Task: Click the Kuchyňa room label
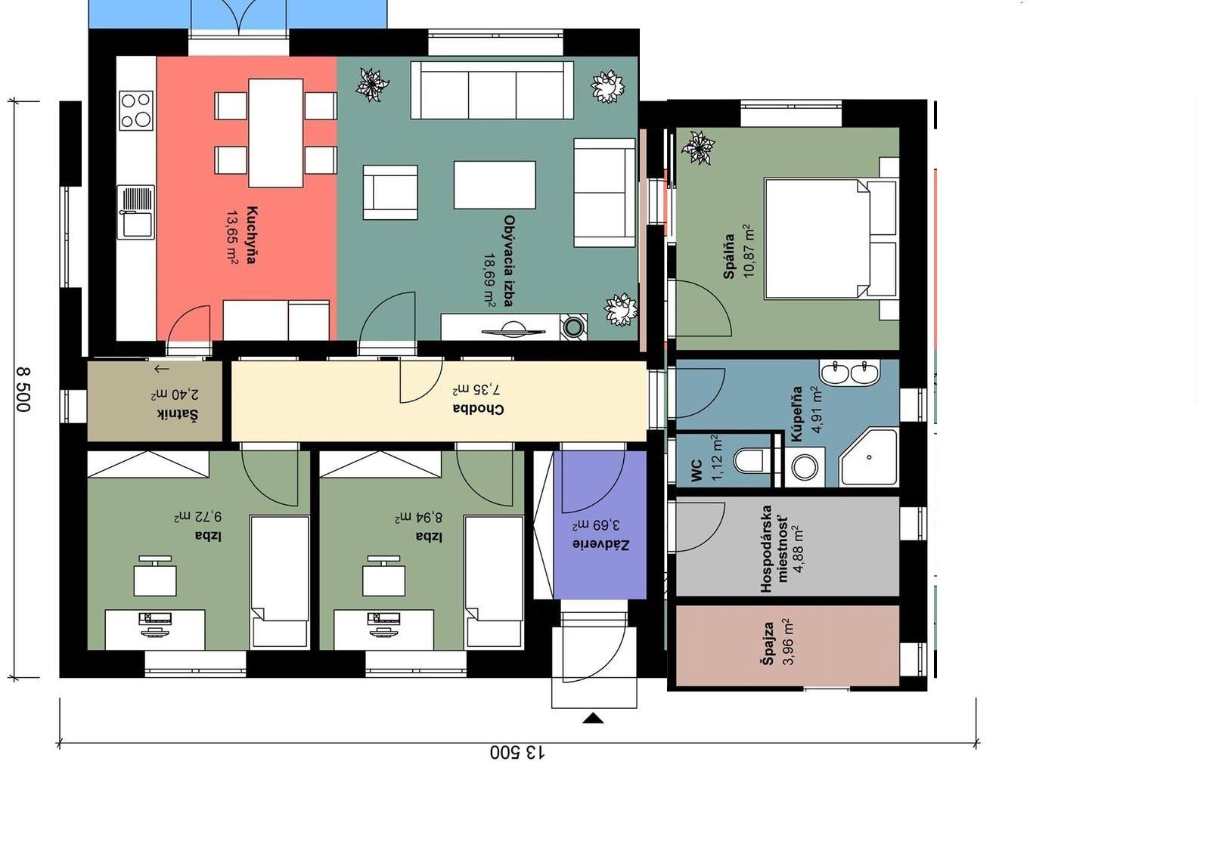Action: (x=251, y=234)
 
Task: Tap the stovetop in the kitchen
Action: (x=136, y=110)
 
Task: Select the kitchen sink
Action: (x=136, y=212)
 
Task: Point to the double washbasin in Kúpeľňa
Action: (x=850, y=373)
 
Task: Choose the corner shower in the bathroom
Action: (x=869, y=457)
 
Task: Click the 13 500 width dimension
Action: (x=517, y=753)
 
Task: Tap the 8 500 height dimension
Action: (x=23, y=390)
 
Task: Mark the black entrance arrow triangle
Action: (x=593, y=718)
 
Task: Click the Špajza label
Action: (x=768, y=643)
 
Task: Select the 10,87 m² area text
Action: (x=749, y=251)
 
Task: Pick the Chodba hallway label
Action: (x=478, y=409)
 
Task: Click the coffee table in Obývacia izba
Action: (x=495, y=184)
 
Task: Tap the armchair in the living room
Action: (x=390, y=192)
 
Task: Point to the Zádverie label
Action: (x=600, y=544)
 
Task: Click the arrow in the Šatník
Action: (x=162, y=370)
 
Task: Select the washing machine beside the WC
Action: (x=805, y=466)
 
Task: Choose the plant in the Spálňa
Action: (x=698, y=147)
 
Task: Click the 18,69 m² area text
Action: (x=489, y=280)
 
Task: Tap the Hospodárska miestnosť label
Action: (x=774, y=549)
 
